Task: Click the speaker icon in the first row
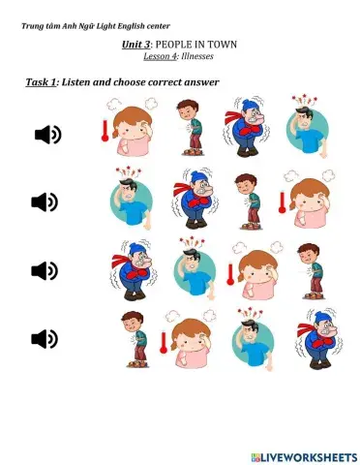[47, 135]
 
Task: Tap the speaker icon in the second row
[45, 201]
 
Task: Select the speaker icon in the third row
[45, 269]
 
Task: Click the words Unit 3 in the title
[135, 45]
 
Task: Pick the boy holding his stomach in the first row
[190, 127]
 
